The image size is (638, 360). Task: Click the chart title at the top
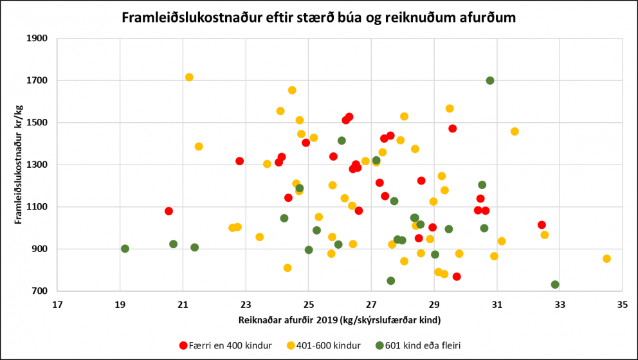[319, 17]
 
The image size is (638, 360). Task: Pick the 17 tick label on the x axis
[57, 303]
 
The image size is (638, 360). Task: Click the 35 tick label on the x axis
[622, 303]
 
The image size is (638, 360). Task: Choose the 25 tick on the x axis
[308, 303]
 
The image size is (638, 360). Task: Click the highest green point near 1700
[490, 80]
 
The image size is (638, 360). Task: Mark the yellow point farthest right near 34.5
[606, 258]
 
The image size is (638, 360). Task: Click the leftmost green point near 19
[125, 249]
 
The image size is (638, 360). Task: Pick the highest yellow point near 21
[189, 77]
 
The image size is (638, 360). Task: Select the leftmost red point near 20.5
[169, 211]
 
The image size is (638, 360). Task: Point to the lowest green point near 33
[555, 285]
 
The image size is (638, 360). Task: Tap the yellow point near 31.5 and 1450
[515, 131]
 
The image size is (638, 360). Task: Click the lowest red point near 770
[457, 276]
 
